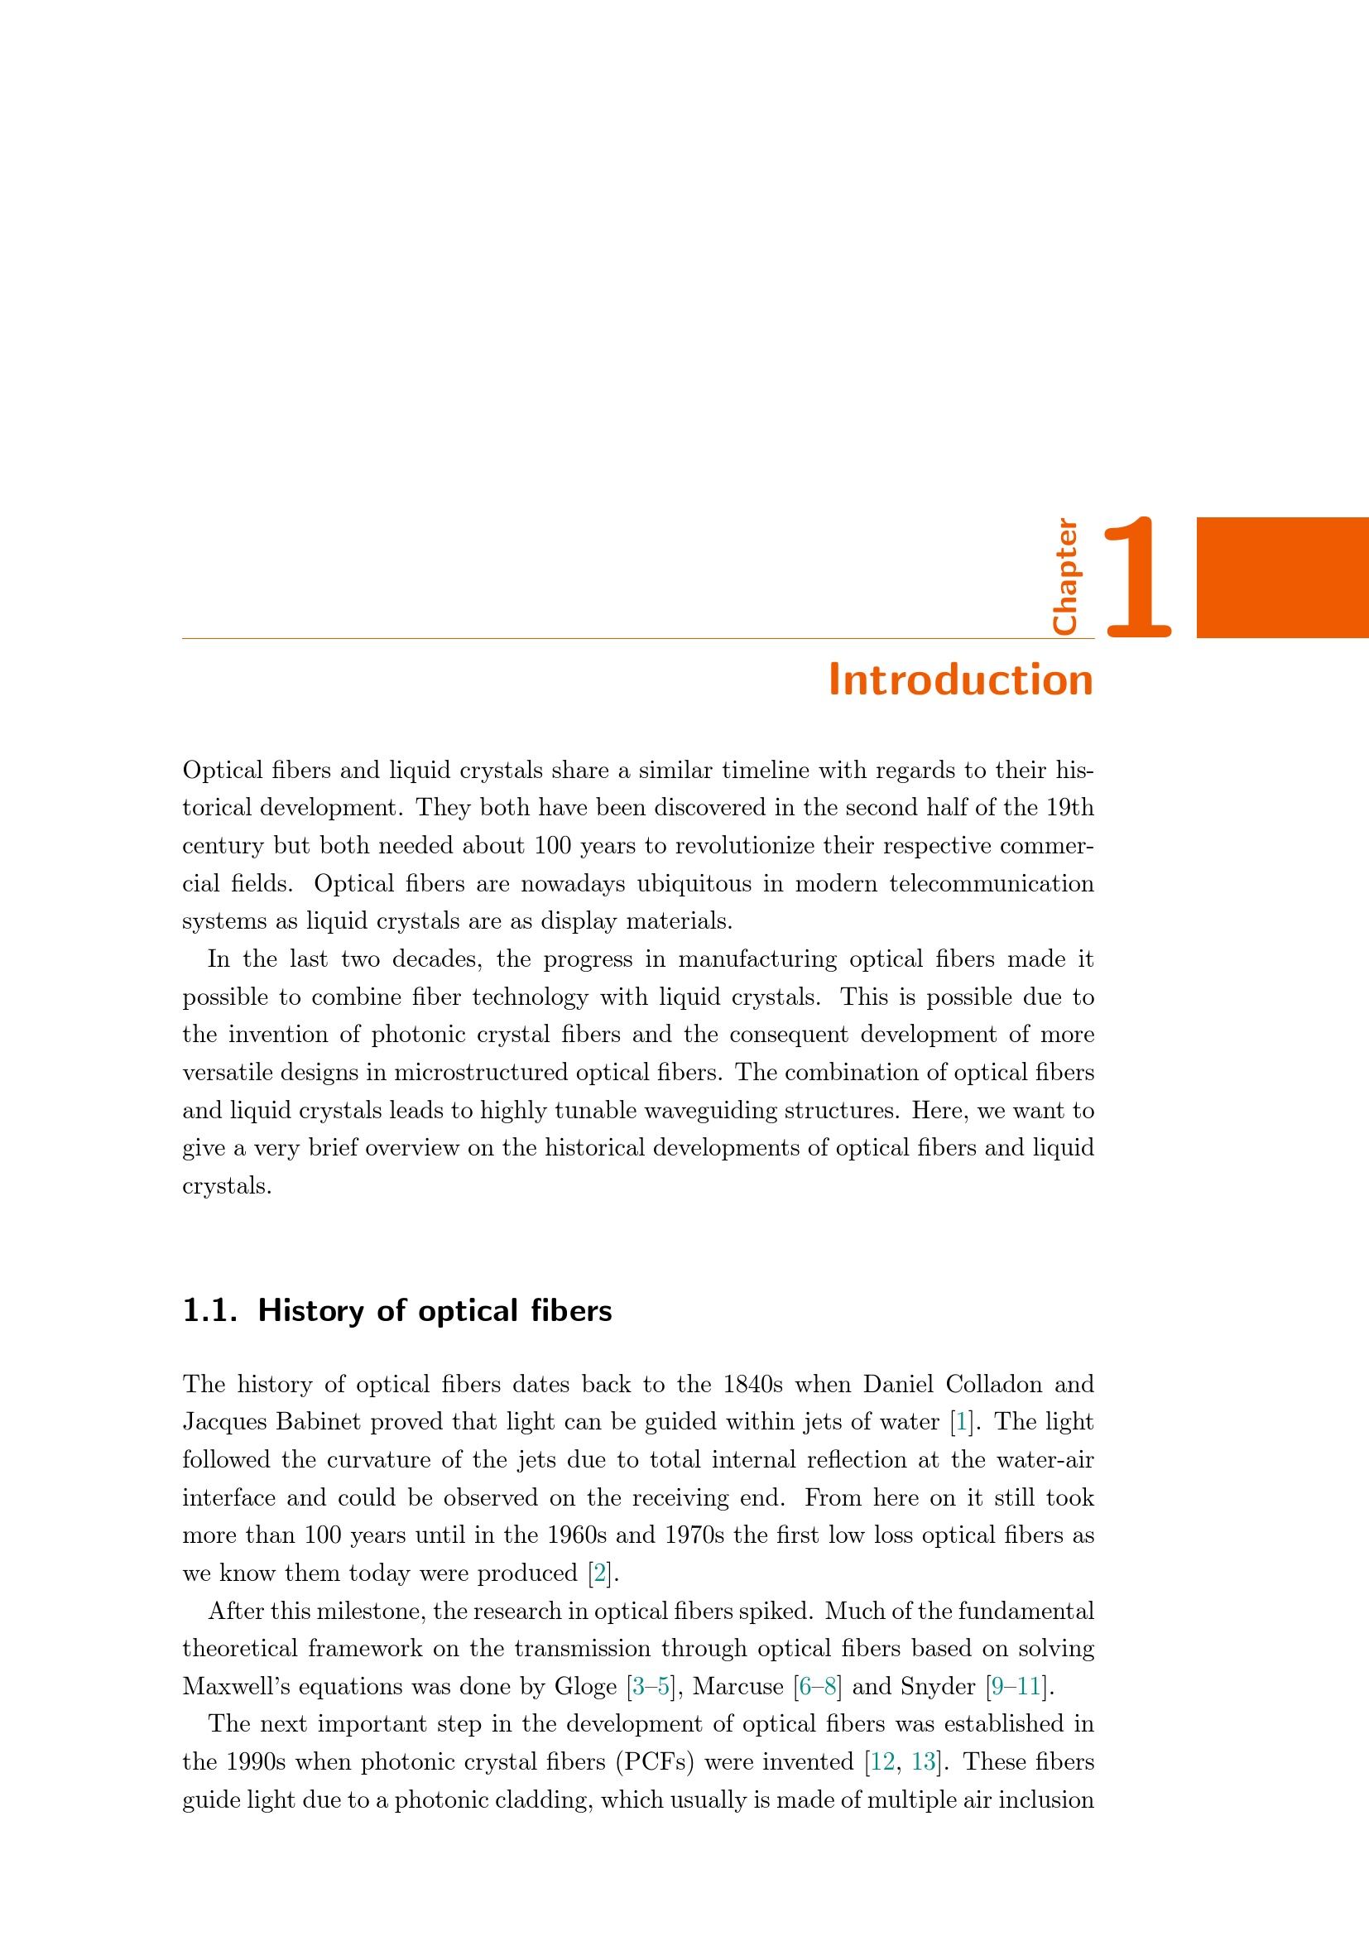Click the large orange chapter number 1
point(1137,578)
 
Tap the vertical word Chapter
point(1064,577)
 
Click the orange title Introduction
point(960,680)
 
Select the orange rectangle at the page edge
point(1282,578)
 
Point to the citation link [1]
point(960,1422)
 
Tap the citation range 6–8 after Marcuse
point(818,1686)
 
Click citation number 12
point(881,1761)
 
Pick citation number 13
point(924,1761)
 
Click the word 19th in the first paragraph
point(1069,808)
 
